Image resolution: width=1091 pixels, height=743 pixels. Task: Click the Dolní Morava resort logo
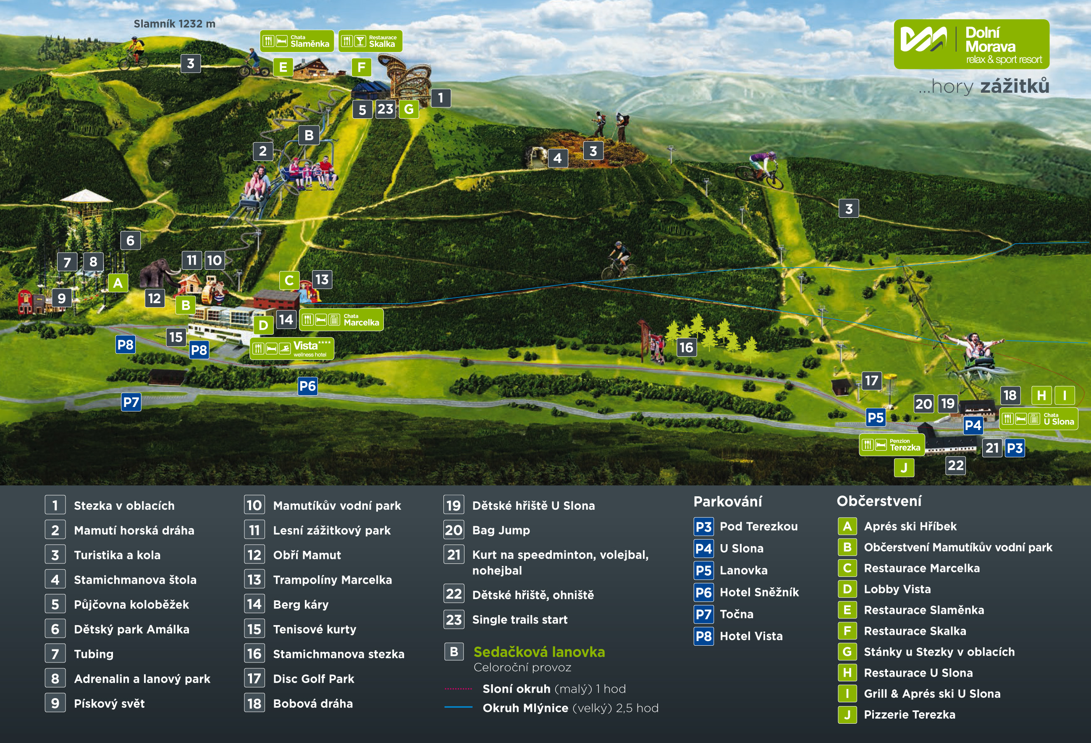971,44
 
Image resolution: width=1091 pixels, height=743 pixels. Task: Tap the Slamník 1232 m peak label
174,23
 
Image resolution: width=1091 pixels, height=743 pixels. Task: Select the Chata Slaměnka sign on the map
297,41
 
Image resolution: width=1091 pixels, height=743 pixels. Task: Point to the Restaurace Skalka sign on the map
370,41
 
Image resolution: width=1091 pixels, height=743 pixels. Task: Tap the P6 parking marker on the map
307,386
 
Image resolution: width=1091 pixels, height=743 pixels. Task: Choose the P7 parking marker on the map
131,402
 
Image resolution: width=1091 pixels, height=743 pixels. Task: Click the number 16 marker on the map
686,347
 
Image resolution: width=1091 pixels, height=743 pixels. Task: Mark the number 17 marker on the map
871,381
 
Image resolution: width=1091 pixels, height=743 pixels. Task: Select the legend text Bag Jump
501,530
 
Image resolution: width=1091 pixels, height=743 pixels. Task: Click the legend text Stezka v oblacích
124,506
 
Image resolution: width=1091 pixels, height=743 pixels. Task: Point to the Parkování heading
728,501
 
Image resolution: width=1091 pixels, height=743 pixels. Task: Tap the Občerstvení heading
879,501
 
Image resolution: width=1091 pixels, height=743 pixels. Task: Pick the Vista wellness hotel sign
291,349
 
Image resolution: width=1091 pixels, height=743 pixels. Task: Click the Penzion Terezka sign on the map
892,445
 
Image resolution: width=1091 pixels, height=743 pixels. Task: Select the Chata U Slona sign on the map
1038,419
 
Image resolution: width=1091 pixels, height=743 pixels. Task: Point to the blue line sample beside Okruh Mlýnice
458,707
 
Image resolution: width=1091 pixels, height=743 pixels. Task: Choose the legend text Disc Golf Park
314,679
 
